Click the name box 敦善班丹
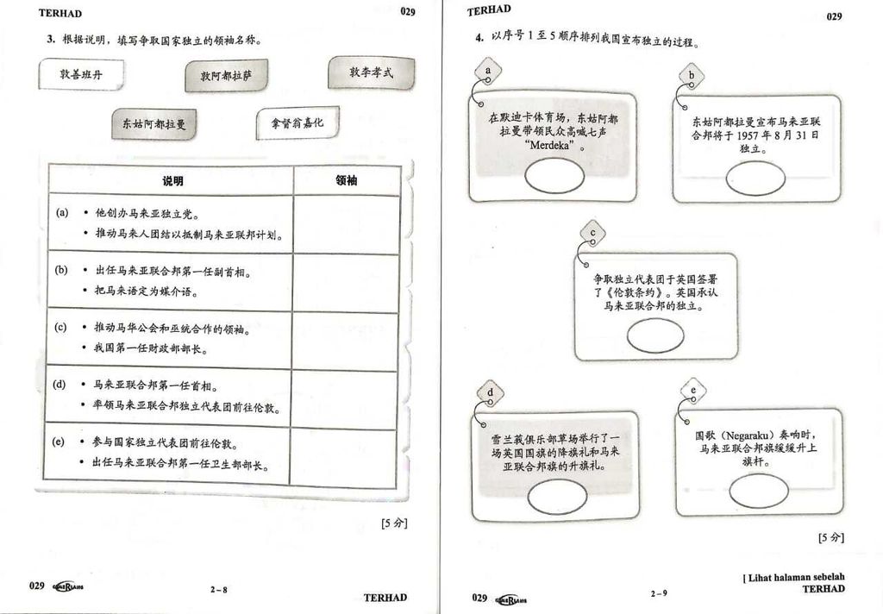click(80, 74)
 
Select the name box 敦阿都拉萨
click(227, 76)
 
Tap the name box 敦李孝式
click(371, 72)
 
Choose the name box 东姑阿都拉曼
click(153, 124)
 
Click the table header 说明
click(172, 181)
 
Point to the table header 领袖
click(347, 181)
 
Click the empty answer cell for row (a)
click(347, 222)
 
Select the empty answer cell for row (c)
click(347, 338)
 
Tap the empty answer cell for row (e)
click(347, 454)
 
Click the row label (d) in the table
click(60, 384)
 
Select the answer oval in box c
click(654, 335)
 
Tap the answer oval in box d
click(554, 497)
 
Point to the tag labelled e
click(693, 392)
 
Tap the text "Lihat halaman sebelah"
click(795, 577)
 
